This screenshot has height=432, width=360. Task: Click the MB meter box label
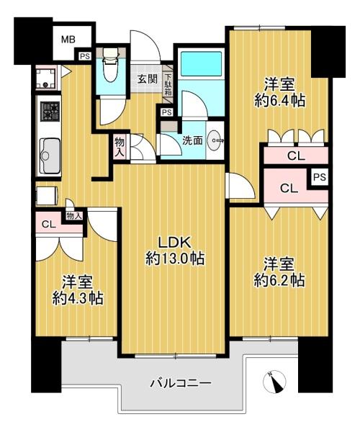tap(68, 40)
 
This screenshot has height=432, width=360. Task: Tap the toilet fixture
tap(110, 65)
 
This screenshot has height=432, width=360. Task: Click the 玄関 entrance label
tap(148, 79)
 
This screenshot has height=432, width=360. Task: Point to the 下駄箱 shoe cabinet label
tap(168, 84)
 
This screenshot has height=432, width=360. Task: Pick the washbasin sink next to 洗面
tap(216, 140)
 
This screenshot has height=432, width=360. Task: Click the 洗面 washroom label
tap(193, 141)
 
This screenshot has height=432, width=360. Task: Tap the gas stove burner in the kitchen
tap(50, 112)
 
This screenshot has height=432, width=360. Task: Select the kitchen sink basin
tap(50, 156)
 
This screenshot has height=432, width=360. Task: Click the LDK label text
tap(174, 243)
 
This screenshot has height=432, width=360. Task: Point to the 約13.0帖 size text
tap(175, 259)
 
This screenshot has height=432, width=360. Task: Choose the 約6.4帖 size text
tap(279, 101)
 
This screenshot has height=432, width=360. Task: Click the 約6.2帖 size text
tap(279, 281)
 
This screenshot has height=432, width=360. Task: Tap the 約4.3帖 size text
tap(78, 298)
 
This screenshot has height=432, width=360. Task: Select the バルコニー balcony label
tap(181, 383)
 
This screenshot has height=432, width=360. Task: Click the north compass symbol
tap(274, 382)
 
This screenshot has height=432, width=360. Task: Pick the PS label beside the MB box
tap(85, 56)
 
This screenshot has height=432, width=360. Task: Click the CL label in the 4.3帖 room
tap(49, 224)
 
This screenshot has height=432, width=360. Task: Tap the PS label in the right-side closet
tap(320, 177)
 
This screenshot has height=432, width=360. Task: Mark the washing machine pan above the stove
tap(46, 78)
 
